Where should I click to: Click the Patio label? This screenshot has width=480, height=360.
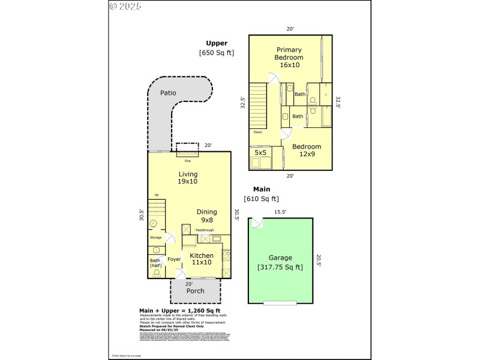click(168, 93)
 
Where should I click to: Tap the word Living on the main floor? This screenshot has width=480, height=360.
click(188, 175)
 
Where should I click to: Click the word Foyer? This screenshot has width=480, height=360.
click(174, 259)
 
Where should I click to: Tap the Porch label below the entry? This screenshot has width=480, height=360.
click(195, 291)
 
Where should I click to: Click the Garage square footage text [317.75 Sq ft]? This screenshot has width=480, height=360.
click(280, 267)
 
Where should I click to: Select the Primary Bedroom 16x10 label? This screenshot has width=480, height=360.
click(289, 57)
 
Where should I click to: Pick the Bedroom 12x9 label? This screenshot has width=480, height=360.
click(307, 150)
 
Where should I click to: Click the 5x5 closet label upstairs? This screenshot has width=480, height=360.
click(260, 153)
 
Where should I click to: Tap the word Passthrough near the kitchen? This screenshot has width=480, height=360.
click(205, 230)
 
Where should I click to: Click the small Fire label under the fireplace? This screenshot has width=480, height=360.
click(187, 161)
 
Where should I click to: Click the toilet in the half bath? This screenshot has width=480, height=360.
click(157, 273)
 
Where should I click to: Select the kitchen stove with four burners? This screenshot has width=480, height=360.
click(226, 256)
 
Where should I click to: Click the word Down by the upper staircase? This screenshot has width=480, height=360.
click(257, 132)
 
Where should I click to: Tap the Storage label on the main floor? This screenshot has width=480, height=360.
click(155, 238)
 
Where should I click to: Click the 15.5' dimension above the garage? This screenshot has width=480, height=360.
click(280, 212)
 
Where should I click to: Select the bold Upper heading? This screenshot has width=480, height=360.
click(217, 43)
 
